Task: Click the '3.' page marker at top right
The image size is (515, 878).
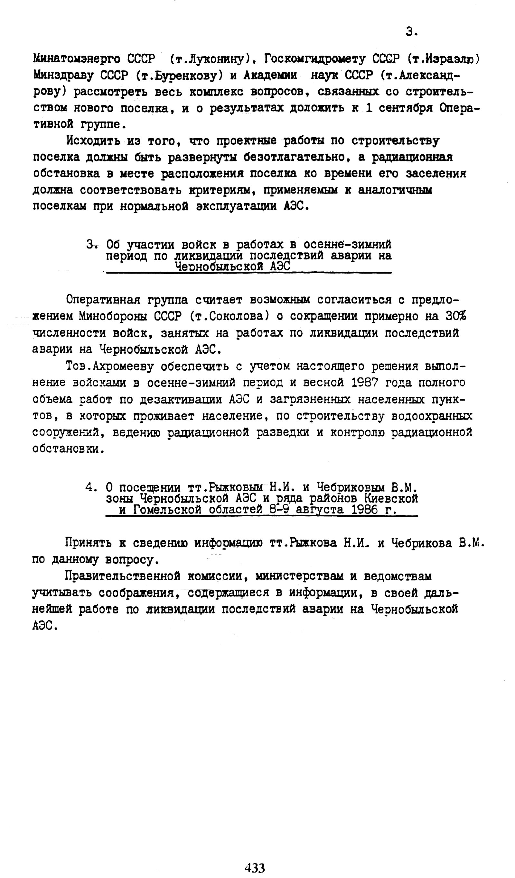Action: click(412, 32)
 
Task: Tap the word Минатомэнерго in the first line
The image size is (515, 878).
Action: click(76, 59)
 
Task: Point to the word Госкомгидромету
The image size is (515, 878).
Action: click(315, 59)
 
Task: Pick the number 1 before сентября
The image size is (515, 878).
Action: click(369, 108)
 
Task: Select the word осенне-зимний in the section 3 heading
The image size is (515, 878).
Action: click(347, 244)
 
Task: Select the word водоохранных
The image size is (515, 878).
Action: click(432, 416)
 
